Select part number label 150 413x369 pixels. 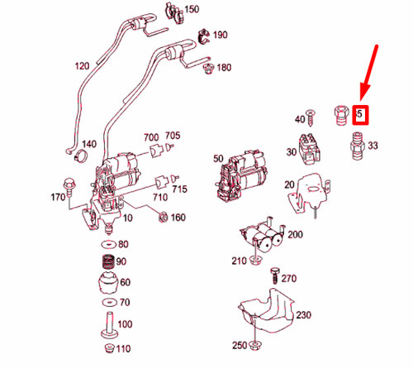coord(192,10)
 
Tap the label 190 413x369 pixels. coord(221,36)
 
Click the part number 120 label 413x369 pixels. coord(82,65)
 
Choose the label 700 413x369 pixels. coord(150,137)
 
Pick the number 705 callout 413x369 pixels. coord(173,136)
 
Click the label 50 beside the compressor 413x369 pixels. coord(218,158)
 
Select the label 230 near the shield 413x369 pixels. coord(304,315)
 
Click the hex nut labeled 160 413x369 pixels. coord(164,218)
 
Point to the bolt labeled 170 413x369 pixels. coord(69,183)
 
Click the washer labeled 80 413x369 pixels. coord(106,245)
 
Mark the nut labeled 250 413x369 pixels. coord(259,345)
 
